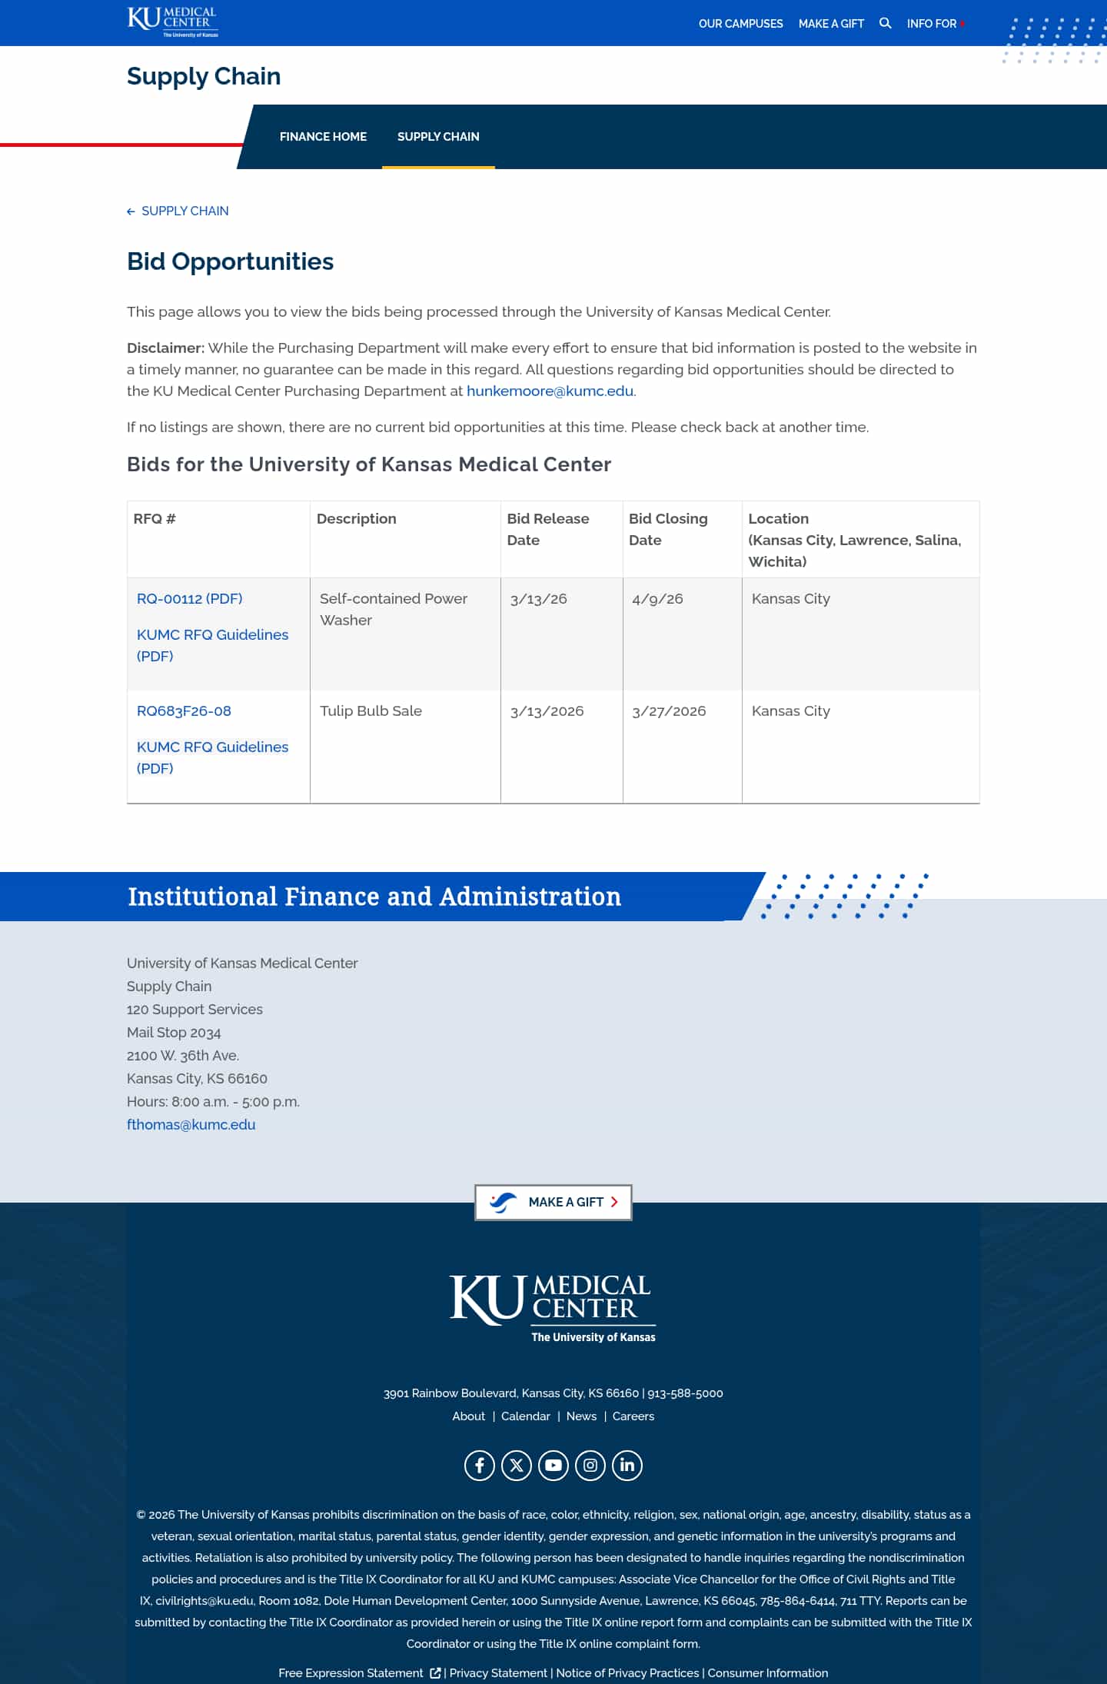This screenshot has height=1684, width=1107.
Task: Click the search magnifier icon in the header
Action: coord(885,23)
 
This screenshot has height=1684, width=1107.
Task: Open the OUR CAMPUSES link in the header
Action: coord(740,24)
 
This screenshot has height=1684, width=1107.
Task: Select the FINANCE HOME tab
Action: coord(323,137)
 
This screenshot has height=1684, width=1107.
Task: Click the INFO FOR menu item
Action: coord(932,24)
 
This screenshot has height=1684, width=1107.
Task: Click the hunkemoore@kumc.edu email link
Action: coord(550,391)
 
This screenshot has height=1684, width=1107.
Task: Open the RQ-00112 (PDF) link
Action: coord(189,598)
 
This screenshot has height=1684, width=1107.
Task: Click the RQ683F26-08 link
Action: coord(184,711)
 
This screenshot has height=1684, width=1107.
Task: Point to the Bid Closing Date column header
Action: coord(668,529)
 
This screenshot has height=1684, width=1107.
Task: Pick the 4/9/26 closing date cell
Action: coord(657,598)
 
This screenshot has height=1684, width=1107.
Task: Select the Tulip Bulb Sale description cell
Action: coord(371,711)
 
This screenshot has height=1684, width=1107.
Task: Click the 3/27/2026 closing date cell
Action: coord(669,711)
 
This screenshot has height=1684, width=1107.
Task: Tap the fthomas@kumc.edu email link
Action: coord(191,1124)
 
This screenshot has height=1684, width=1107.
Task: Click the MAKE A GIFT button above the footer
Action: coord(553,1202)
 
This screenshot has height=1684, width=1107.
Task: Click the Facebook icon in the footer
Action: coord(480,1465)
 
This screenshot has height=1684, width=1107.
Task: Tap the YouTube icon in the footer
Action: coord(553,1465)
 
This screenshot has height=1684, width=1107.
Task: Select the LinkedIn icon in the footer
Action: coord(627,1465)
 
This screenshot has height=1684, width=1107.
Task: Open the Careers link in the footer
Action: coord(633,1416)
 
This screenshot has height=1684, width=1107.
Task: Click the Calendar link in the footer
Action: coord(526,1416)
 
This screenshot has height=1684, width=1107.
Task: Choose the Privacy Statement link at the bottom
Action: coord(498,1672)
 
